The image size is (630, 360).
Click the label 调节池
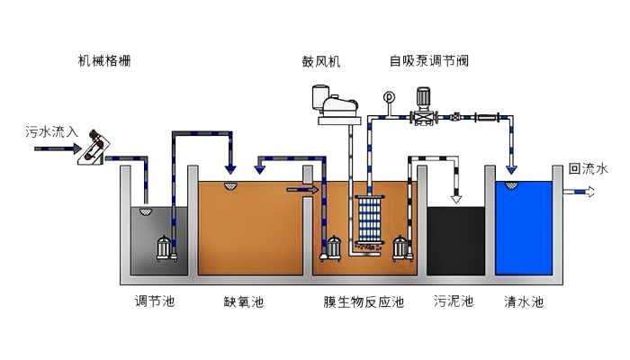coord(154,301)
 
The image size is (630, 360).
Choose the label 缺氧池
coord(243,301)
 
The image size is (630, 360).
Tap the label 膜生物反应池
coord(364,301)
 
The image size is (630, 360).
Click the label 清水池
coord(524,301)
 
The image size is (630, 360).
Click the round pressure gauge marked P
coord(389,95)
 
